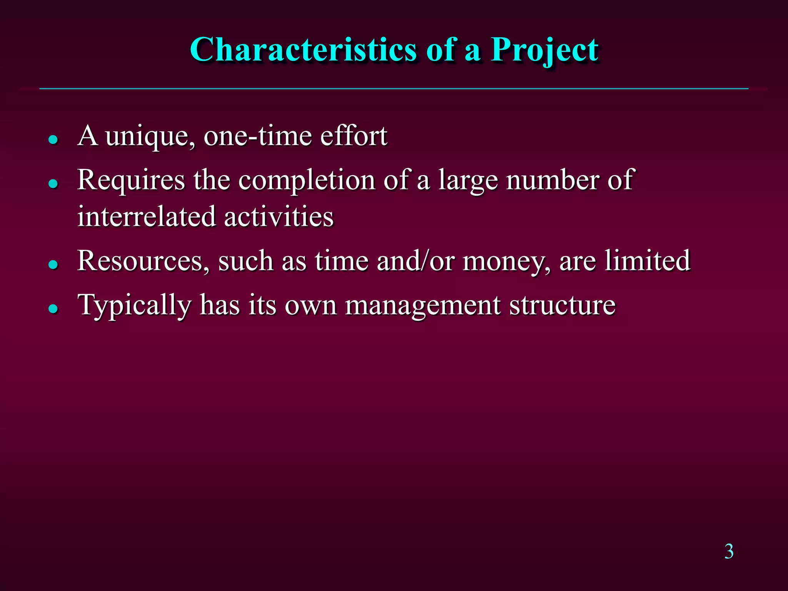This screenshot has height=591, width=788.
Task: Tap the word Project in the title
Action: coord(544,50)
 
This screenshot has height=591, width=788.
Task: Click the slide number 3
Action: coord(729,551)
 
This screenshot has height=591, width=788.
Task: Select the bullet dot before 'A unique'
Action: coord(53,139)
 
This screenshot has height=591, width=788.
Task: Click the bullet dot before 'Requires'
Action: coord(53,184)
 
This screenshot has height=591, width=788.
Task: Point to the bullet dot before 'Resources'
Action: coord(53,264)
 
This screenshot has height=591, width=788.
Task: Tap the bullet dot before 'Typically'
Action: coord(53,308)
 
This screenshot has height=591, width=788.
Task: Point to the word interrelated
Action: coord(146,216)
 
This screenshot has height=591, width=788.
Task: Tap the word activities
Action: coord(279,216)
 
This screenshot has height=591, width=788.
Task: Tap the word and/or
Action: coord(415,261)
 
